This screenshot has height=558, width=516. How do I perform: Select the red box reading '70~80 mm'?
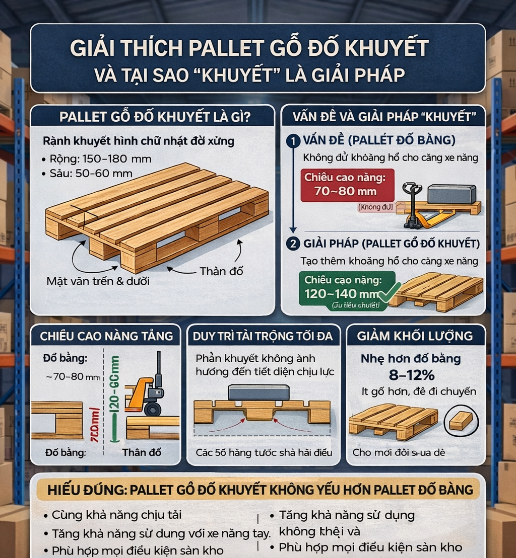347,185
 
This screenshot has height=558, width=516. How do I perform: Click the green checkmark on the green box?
390,292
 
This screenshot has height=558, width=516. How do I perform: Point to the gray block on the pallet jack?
451,194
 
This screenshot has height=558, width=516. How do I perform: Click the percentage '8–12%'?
411,376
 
